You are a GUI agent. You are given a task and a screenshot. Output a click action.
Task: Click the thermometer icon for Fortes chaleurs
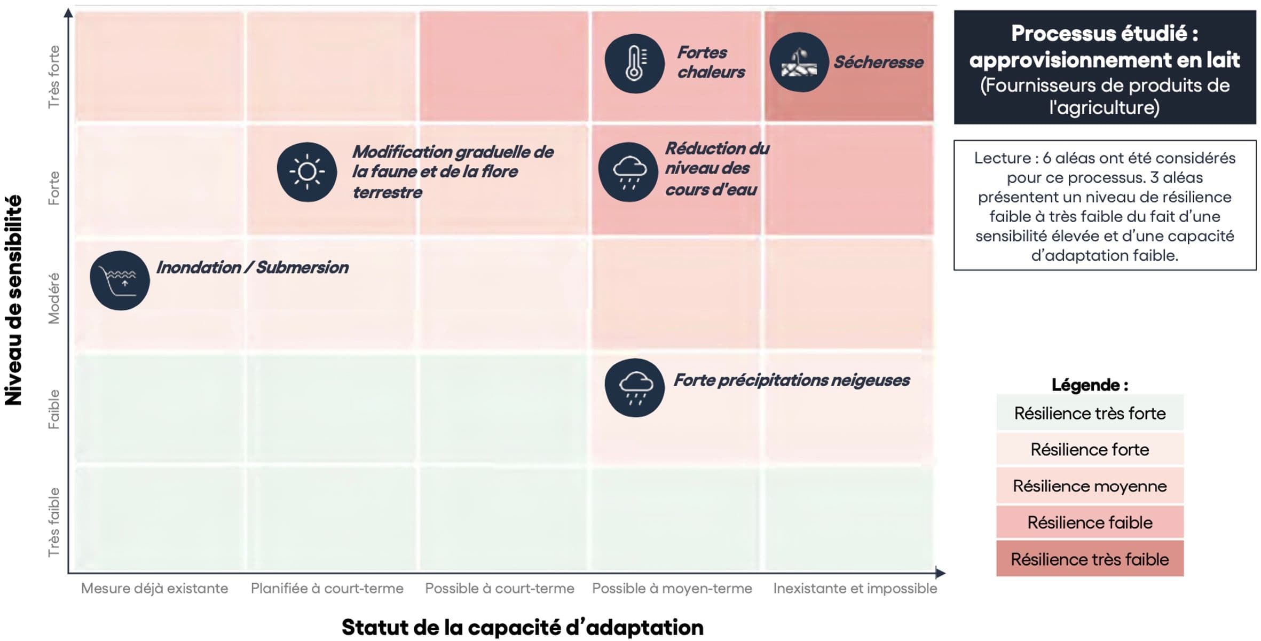pos(634,64)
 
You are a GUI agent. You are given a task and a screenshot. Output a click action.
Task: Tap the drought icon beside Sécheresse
pos(799,62)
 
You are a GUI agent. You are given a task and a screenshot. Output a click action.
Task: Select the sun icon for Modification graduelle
pos(307,172)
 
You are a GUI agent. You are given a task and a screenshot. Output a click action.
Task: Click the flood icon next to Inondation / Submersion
pos(120,280)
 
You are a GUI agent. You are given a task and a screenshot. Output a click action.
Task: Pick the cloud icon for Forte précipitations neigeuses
pos(634,388)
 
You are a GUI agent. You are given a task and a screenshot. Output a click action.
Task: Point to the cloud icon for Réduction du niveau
pos(628,172)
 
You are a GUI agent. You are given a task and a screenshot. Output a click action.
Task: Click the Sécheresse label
pos(878,62)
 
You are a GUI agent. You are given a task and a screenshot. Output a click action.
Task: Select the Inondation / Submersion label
pos(252,268)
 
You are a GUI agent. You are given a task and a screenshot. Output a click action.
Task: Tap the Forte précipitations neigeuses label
pos(791,380)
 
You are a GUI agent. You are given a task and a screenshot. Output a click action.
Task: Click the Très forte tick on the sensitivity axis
pos(54,77)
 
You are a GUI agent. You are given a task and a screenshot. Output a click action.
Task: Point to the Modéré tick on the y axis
pos(54,298)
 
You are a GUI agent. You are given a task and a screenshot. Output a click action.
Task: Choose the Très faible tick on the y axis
pos(54,522)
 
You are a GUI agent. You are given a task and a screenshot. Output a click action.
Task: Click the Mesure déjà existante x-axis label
pos(154,589)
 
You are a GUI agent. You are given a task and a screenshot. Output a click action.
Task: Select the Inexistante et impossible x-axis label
pos(855,589)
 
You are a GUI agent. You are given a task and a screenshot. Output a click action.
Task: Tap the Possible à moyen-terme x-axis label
pos(672,589)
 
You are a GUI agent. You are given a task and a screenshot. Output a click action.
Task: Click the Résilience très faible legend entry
pos(1089,559)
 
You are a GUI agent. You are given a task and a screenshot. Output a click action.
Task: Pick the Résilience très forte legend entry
pos(1089,413)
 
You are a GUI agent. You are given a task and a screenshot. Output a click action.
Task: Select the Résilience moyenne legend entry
pos(1089,486)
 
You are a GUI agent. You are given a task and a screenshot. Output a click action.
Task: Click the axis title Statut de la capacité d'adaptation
pos(522,627)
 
